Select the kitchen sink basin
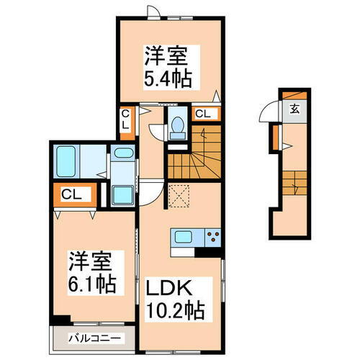coord(181,236)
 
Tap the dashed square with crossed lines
coord(177,194)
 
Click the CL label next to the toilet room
coord(202,113)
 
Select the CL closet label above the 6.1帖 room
coord(70,194)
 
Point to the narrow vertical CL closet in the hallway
coord(125,120)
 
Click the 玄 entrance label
coord(294,109)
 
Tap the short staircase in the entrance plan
coord(294,185)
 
